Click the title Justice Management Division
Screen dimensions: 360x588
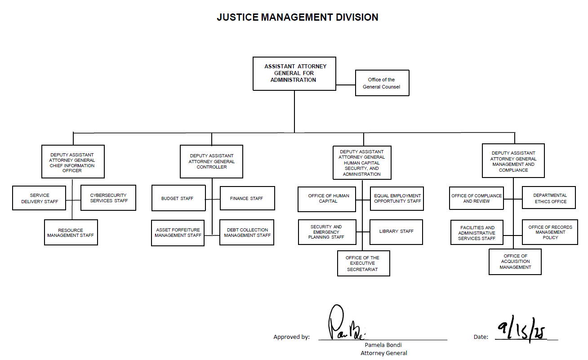(297, 17)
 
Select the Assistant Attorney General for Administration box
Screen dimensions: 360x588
(294, 73)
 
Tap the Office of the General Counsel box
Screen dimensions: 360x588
(382, 83)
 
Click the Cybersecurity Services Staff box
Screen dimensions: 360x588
(108, 198)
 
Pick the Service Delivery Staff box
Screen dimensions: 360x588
(40, 198)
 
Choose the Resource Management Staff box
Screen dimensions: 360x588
(71, 232)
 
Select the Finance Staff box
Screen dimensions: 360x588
(247, 198)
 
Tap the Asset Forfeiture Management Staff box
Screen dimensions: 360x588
(178, 232)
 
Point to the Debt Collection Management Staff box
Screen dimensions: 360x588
(247, 232)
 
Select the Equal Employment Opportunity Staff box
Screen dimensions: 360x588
(397, 199)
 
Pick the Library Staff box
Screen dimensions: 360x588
(396, 231)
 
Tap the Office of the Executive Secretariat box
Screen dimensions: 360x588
(363, 263)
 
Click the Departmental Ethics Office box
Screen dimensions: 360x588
(549, 198)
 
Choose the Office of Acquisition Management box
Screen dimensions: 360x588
(515, 262)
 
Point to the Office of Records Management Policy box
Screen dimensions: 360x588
(550, 232)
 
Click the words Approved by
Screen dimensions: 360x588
(291, 337)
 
